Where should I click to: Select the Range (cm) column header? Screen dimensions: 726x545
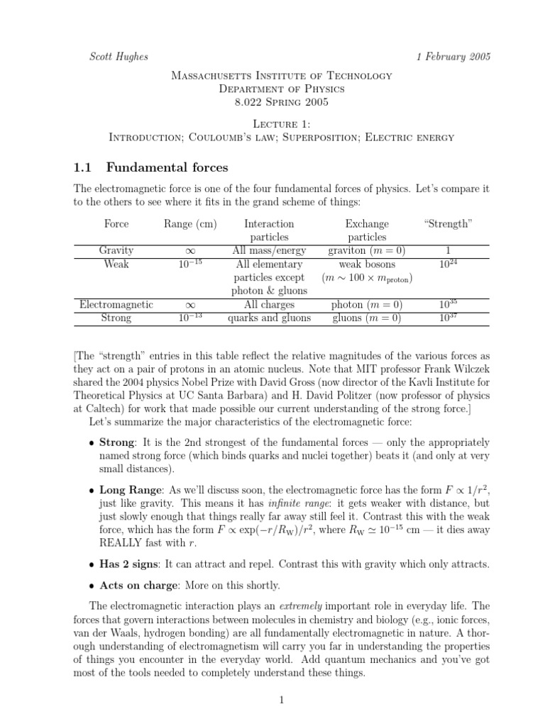[190, 224]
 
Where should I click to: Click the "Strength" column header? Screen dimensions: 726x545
[447, 224]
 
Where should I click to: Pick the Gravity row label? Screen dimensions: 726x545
[116, 251]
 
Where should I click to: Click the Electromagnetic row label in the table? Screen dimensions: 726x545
[116, 304]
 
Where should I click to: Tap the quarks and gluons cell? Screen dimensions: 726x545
[269, 318]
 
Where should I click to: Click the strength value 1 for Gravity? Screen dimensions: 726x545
[447, 251]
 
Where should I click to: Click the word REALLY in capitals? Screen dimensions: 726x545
[125, 543]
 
